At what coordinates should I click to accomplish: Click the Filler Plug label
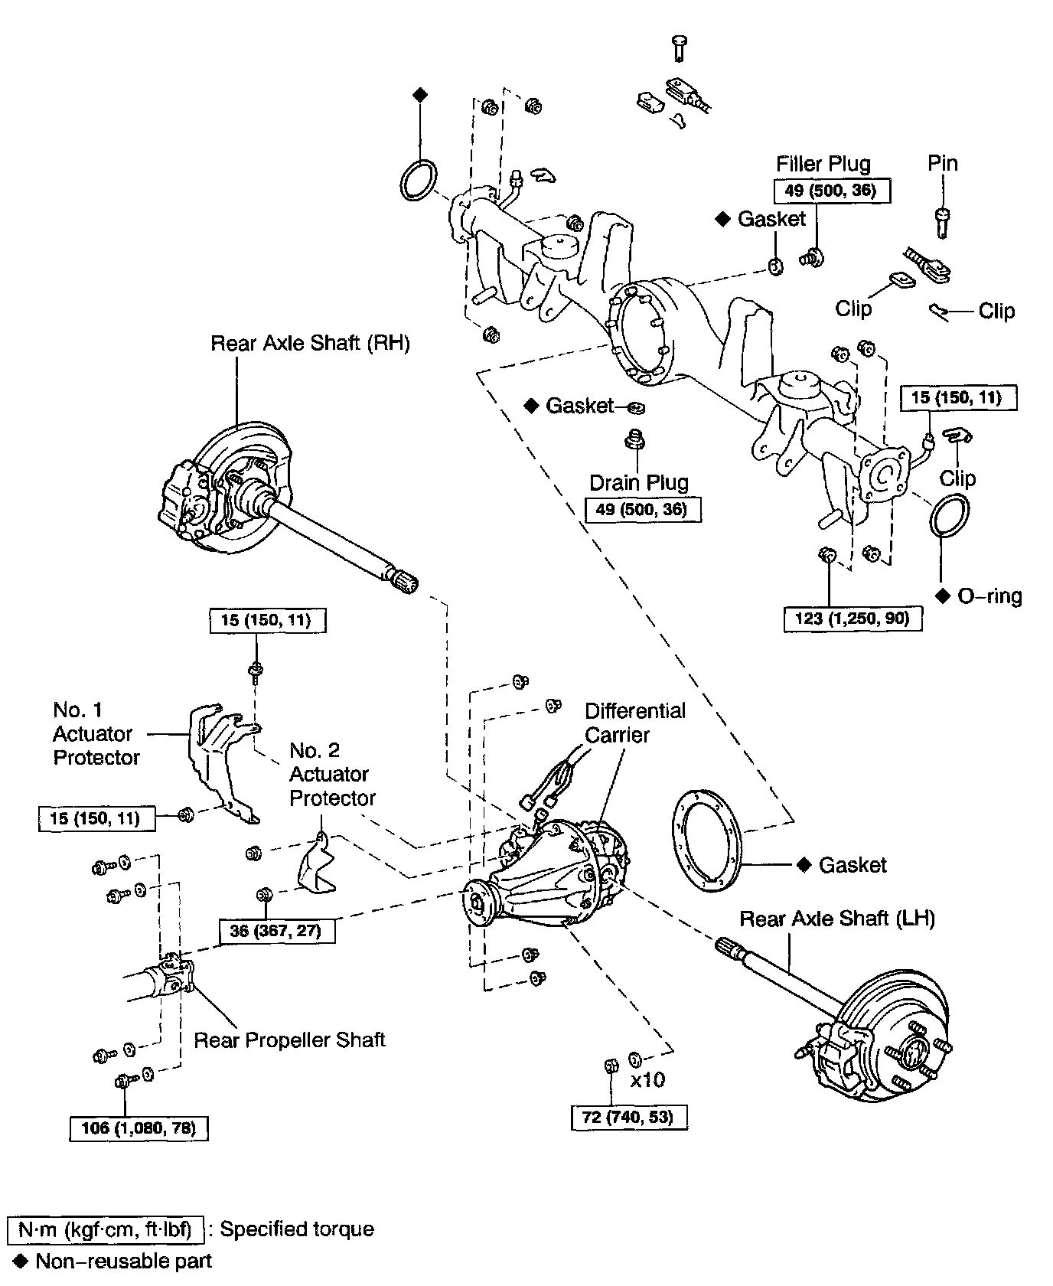823,164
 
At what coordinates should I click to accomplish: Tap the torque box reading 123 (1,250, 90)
853,619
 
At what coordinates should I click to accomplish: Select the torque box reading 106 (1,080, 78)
139,1128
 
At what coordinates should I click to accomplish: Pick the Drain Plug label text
639,483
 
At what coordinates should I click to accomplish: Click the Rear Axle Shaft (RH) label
310,344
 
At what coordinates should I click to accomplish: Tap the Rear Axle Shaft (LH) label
837,919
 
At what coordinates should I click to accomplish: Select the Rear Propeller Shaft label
289,1040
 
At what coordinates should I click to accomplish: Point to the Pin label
943,163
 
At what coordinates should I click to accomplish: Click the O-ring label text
989,596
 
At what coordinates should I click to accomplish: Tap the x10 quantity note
647,1080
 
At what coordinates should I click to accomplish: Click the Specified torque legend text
297,1229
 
